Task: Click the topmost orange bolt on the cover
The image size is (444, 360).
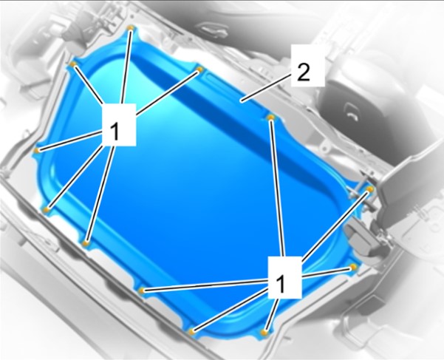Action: pyautogui.click(x=130, y=28)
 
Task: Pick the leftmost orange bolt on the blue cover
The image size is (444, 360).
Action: pyautogui.click(x=36, y=150)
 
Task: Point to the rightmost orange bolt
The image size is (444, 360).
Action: pyautogui.click(x=370, y=189)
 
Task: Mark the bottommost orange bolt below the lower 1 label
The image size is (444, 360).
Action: pyautogui.click(x=264, y=332)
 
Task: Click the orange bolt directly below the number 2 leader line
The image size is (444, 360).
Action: pyautogui.click(x=271, y=118)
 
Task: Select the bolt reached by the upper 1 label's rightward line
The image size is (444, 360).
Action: pyautogui.click(x=200, y=69)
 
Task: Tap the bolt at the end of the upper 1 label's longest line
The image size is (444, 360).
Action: pyautogui.click(x=86, y=243)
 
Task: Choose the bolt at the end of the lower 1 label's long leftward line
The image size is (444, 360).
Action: pyautogui.click(x=142, y=291)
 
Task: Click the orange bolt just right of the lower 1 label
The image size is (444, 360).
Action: pyautogui.click(x=353, y=267)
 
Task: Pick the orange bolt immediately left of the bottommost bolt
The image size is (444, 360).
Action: pyautogui.click(x=192, y=331)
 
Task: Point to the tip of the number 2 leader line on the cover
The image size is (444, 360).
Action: pyautogui.click(x=242, y=101)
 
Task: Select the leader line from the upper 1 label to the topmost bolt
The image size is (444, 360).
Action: pyautogui.click(x=126, y=67)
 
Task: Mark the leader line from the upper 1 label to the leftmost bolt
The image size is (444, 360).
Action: pyautogui.click(x=69, y=141)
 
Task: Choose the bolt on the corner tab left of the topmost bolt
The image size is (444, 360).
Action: pyautogui.click(x=73, y=64)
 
